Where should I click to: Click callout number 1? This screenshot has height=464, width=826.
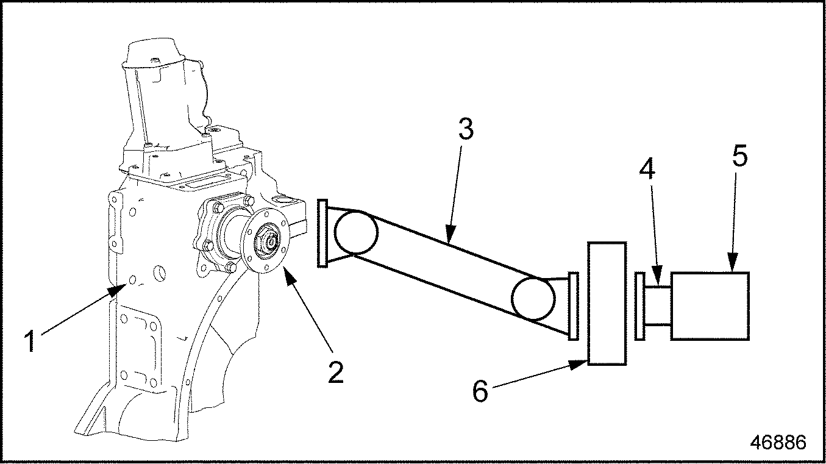[30, 341]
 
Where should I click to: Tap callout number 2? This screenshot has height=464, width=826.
[336, 372]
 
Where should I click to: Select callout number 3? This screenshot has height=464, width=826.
[466, 129]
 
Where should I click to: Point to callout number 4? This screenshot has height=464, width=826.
[647, 169]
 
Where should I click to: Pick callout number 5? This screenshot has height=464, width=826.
[739, 155]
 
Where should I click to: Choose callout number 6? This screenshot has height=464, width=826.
[480, 391]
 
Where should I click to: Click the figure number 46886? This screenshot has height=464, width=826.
[778, 442]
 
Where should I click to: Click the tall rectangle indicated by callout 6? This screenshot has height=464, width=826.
[607, 304]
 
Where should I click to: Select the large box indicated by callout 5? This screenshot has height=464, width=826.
[710, 305]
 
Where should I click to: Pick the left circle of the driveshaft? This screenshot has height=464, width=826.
[356, 231]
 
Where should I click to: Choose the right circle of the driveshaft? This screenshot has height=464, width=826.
[533, 298]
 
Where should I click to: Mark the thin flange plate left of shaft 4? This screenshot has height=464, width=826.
[640, 305]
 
